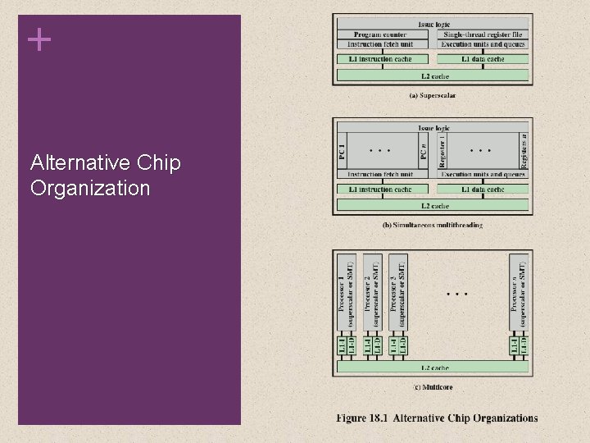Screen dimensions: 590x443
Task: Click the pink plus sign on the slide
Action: point(39,39)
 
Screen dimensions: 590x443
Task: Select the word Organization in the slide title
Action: point(90,188)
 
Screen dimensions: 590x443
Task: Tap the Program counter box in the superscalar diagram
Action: point(383,34)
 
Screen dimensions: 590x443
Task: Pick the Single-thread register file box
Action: point(482,34)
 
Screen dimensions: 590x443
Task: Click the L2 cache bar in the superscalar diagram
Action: point(432,75)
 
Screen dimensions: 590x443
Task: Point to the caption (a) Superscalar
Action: point(432,95)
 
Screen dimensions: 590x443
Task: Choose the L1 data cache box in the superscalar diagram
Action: point(482,59)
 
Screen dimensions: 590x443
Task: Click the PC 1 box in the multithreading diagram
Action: point(343,152)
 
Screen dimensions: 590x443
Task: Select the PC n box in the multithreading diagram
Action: point(423,152)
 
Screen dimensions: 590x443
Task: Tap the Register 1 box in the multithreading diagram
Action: point(442,152)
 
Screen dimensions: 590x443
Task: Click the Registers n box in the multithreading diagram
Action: point(523,152)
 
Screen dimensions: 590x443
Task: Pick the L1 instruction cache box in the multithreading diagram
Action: point(383,190)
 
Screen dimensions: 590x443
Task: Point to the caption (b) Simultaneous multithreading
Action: point(432,225)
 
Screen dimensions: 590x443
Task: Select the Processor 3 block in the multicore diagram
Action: point(397,294)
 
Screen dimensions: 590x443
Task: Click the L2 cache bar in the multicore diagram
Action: point(432,368)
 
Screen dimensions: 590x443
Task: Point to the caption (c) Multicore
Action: point(432,387)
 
